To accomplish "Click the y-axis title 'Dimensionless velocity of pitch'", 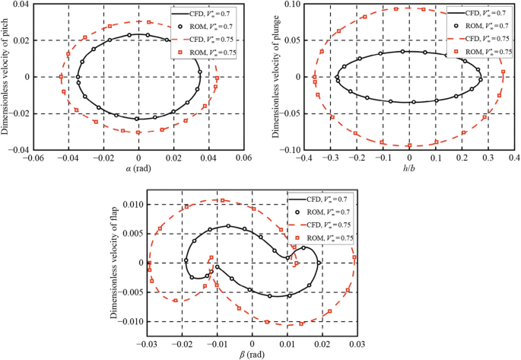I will (6, 76).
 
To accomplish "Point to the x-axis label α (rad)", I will (136, 169).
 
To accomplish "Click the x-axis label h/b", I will (408, 169).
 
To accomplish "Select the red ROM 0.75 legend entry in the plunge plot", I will (479, 51).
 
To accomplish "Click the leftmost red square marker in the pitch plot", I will (60, 77).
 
